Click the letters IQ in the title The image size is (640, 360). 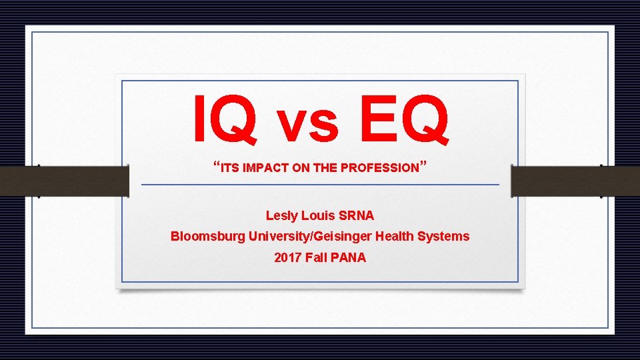[x=225, y=119]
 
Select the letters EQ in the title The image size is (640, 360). [x=403, y=119]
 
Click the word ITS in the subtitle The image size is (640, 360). [x=229, y=169]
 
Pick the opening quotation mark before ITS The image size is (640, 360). [x=217, y=164]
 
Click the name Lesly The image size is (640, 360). [x=281, y=216]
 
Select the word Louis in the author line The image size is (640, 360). [x=318, y=216]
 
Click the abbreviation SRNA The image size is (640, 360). [x=357, y=216]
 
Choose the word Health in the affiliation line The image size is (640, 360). [x=400, y=236]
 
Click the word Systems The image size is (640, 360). [x=447, y=237]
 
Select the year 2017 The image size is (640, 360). [x=288, y=257]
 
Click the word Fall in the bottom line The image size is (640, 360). [x=317, y=257]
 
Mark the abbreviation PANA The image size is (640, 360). [x=349, y=257]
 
